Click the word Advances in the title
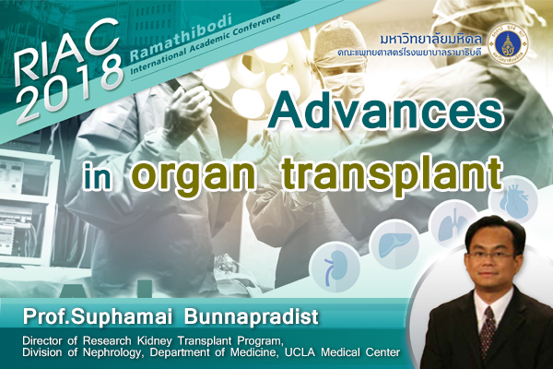click(x=384, y=111)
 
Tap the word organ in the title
click(x=194, y=174)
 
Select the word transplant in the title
click(x=393, y=173)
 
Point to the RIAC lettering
click(x=65, y=50)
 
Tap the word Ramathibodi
click(x=181, y=36)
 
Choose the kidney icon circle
click(x=335, y=267)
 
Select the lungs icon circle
click(x=453, y=224)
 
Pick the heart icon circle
click(x=513, y=200)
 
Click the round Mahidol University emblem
click(x=508, y=45)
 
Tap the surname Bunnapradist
click(x=251, y=316)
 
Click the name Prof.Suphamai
click(x=97, y=317)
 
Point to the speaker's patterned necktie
click(x=488, y=331)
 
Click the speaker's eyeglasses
click(x=491, y=256)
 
